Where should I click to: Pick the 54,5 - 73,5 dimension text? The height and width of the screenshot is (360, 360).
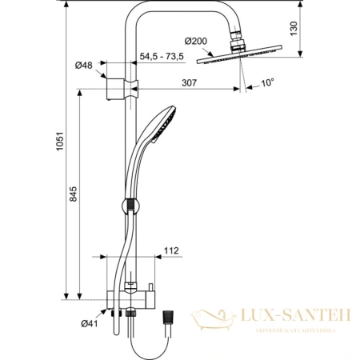click(x=162, y=57)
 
